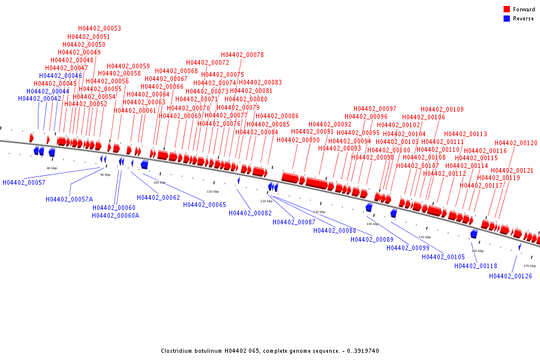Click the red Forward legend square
click(x=506, y=9)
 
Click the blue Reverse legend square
click(x=506, y=19)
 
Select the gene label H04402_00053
click(x=100, y=29)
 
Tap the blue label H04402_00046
click(x=61, y=76)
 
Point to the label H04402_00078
click(x=242, y=55)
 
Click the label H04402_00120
click(x=516, y=143)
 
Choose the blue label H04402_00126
click(x=511, y=276)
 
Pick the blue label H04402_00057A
click(x=70, y=199)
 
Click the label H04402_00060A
click(x=116, y=215)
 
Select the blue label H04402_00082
click(x=250, y=213)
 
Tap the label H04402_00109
click(x=442, y=109)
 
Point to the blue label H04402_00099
click(x=408, y=248)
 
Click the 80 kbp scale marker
click(x=52, y=168)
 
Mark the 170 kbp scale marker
click(x=530, y=266)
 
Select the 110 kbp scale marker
click(x=213, y=191)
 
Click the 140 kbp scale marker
click(x=373, y=224)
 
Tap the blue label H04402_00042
click(x=40, y=98)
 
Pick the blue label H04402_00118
click(x=476, y=266)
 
